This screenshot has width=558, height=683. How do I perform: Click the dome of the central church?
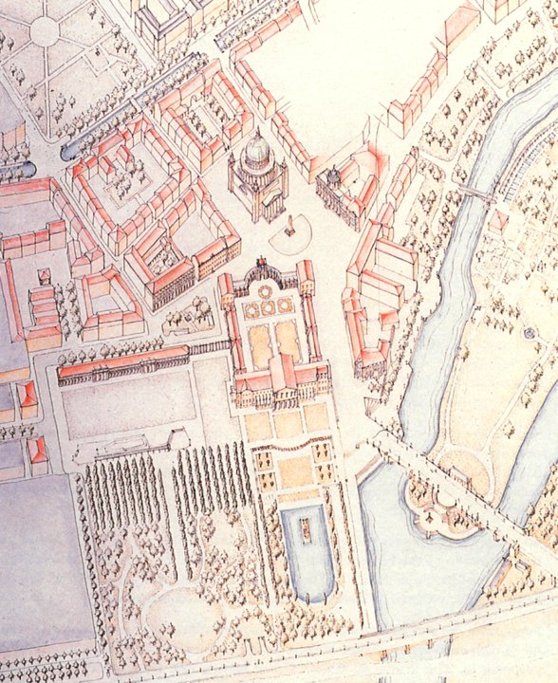257,150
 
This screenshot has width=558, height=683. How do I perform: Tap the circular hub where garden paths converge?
44,31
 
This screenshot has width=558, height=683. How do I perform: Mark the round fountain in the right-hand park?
530,335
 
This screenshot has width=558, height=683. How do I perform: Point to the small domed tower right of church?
333,176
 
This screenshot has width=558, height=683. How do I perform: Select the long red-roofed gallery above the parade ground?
123,362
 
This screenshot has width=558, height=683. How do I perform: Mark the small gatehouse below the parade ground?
177,438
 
